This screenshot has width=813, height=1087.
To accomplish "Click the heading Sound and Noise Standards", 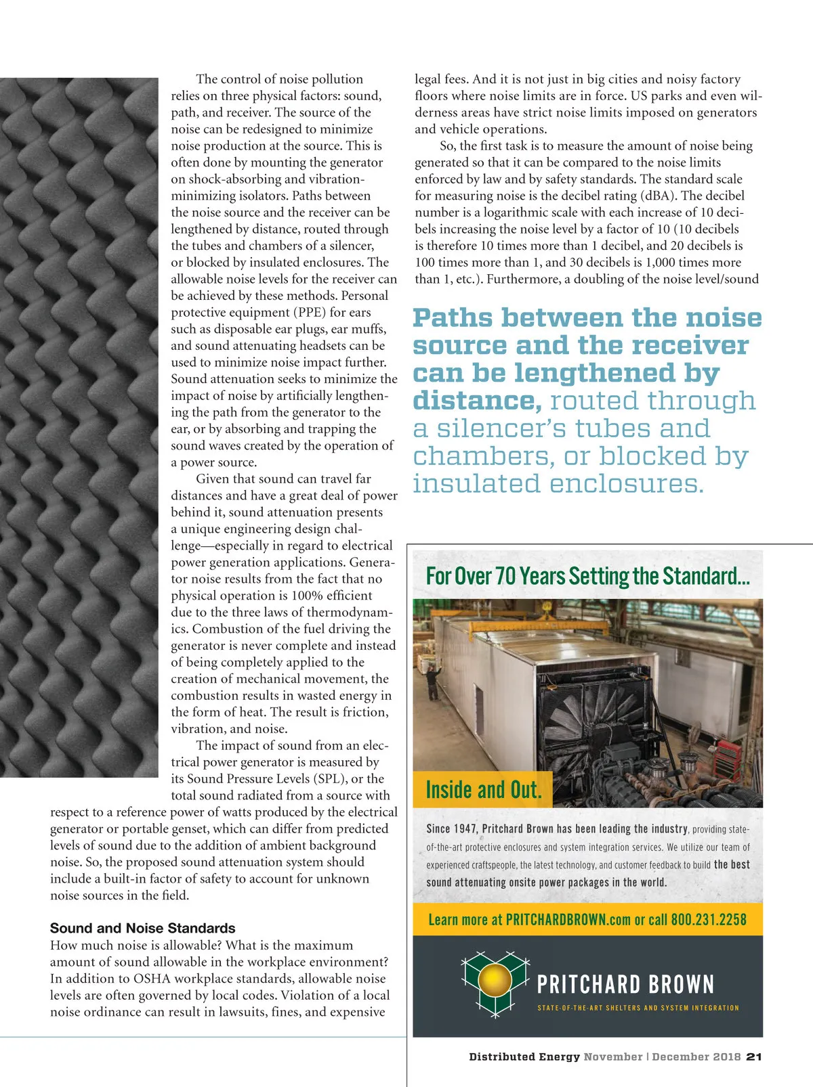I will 142,928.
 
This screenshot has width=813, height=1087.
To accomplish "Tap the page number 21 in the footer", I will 754,1057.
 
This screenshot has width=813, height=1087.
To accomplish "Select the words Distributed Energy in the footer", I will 524,1057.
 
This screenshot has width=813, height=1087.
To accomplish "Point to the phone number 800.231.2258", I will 708,920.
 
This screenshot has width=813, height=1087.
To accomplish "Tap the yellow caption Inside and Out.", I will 483,790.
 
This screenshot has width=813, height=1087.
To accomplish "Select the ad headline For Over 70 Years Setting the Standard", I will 587,576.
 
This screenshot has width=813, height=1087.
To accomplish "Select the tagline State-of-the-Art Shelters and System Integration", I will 638,1008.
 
